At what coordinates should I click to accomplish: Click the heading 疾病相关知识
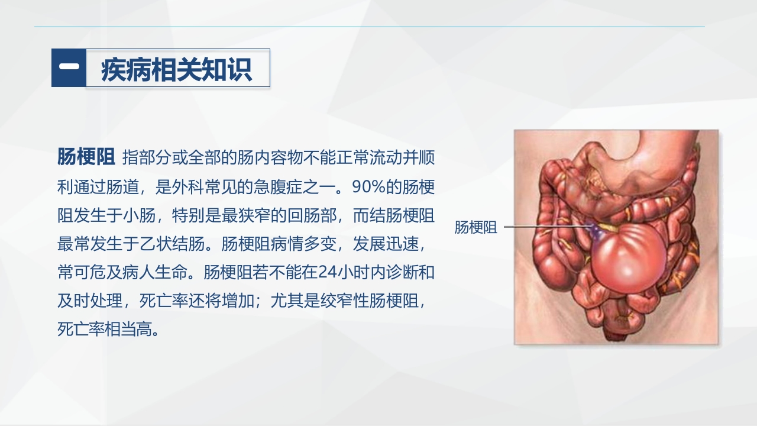click(x=177, y=69)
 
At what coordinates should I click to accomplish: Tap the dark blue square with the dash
click(x=69, y=68)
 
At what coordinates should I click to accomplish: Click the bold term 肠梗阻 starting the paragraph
click(x=86, y=158)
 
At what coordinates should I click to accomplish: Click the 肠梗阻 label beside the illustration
click(x=475, y=228)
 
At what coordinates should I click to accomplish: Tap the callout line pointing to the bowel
click(x=544, y=227)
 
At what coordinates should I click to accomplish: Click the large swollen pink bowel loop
click(x=629, y=257)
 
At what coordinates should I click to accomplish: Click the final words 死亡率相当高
click(x=102, y=329)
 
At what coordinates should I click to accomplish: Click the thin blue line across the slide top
click(x=369, y=27)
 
